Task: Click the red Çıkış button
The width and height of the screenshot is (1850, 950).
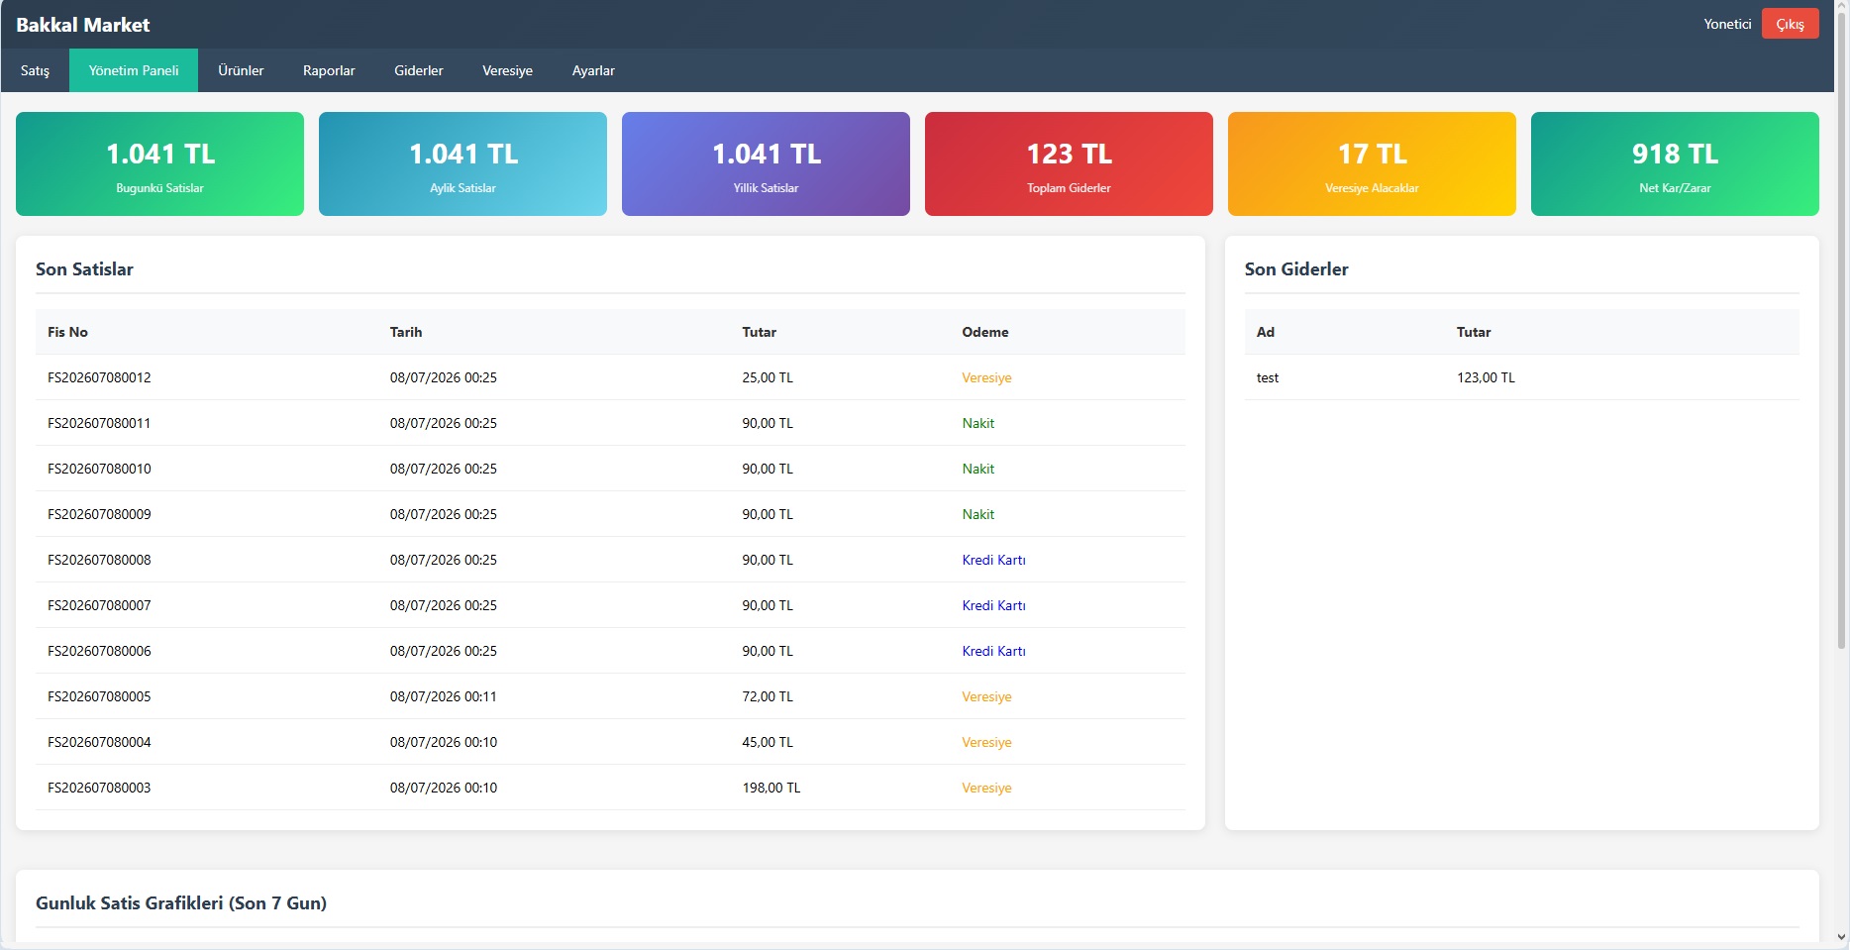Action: click(1790, 24)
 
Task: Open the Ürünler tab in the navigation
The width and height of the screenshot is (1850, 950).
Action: click(241, 70)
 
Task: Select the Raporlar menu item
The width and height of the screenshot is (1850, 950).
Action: click(329, 70)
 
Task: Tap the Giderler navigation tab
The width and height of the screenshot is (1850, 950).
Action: click(419, 70)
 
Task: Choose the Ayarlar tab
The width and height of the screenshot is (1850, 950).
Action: click(593, 70)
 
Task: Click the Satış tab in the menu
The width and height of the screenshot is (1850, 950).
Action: click(35, 70)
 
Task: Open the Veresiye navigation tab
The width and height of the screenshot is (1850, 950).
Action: click(507, 70)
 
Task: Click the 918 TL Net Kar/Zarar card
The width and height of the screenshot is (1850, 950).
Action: click(1675, 163)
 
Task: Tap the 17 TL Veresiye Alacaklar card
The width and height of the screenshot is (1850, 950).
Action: click(1372, 163)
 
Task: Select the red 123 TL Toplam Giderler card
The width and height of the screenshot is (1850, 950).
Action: click(1069, 163)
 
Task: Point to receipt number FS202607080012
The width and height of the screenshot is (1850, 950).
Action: click(99, 377)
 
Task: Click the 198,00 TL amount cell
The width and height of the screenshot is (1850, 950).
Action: click(771, 788)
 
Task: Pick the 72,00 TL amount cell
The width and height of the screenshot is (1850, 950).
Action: click(768, 696)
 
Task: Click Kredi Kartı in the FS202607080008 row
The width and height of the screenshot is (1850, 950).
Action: click(993, 560)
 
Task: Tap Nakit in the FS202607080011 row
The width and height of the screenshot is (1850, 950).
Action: click(978, 423)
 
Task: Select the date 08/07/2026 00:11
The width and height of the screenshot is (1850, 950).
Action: click(444, 696)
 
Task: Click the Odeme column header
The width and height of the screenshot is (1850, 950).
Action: click(985, 332)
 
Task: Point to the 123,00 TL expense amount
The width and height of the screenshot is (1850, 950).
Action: click(1486, 377)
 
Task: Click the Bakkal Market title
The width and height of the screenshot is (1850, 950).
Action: click(83, 25)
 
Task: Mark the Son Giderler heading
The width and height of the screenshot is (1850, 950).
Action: click(1296, 269)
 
